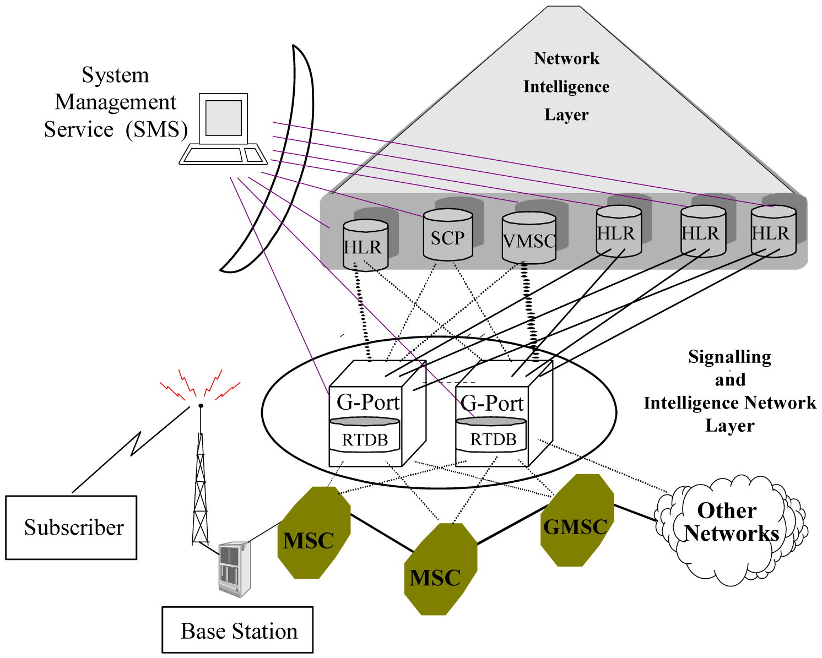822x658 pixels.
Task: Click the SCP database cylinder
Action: [448, 236]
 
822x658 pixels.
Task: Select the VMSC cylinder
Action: [528, 239]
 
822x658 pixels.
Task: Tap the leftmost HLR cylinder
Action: [365, 245]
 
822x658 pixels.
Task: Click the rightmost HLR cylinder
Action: [773, 232]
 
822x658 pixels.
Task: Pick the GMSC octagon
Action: [576, 521]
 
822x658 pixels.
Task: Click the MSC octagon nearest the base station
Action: [313, 533]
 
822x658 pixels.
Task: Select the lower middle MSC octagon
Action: [440, 569]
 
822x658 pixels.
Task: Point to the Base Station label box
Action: [237, 630]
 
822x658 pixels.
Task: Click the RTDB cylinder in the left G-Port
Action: [365, 435]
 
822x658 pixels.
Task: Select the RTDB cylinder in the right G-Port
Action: [491, 434]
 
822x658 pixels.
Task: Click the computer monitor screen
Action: [224, 118]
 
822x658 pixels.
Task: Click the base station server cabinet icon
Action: [234, 569]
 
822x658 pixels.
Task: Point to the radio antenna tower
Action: [201, 485]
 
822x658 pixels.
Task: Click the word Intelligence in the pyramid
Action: [566, 86]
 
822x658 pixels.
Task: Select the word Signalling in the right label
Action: [729, 357]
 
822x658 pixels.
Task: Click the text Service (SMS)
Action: [116, 129]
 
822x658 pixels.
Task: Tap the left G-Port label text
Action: [367, 403]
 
